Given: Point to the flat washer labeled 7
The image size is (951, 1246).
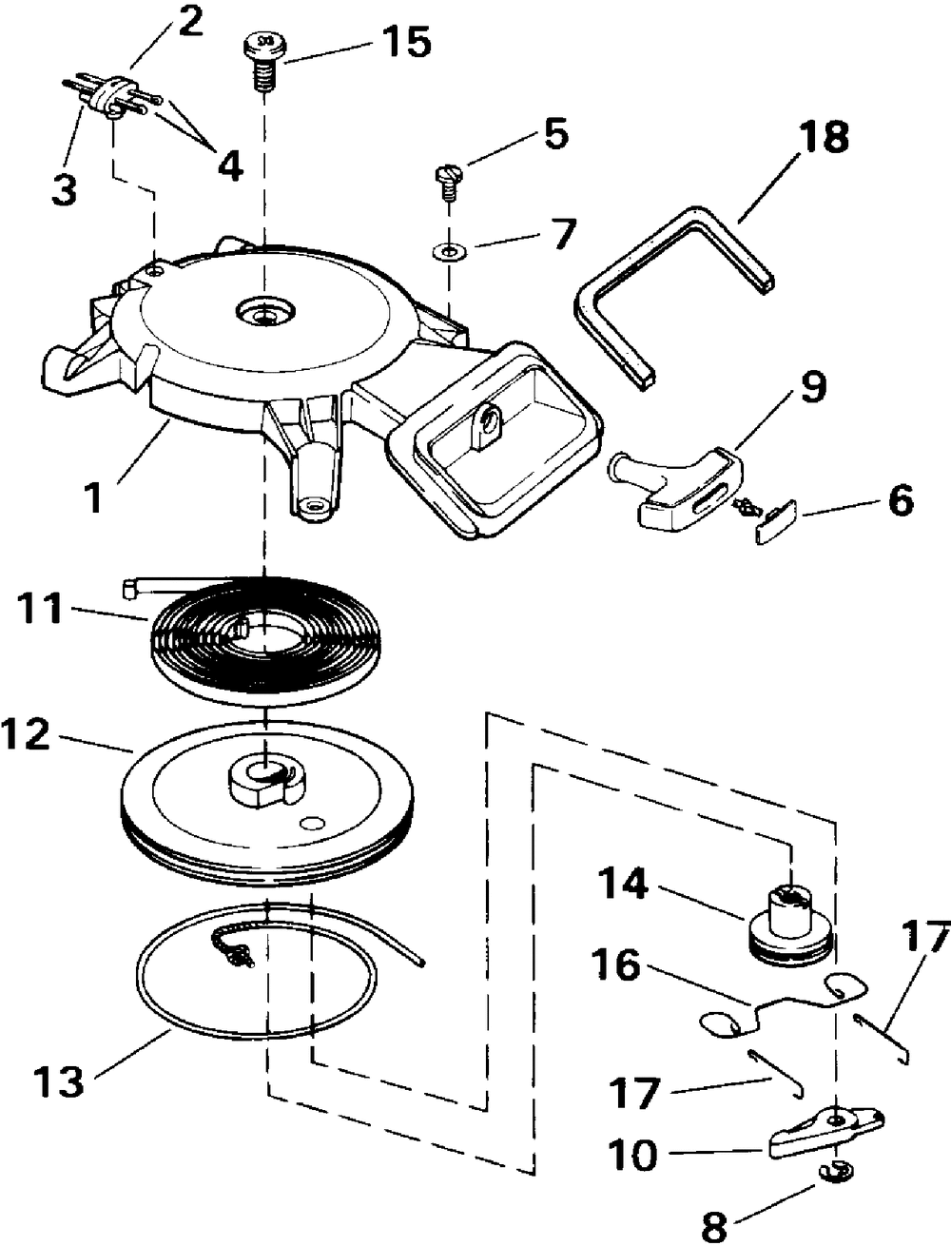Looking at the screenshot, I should (x=445, y=251).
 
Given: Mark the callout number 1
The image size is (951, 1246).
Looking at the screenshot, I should (x=92, y=498).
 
